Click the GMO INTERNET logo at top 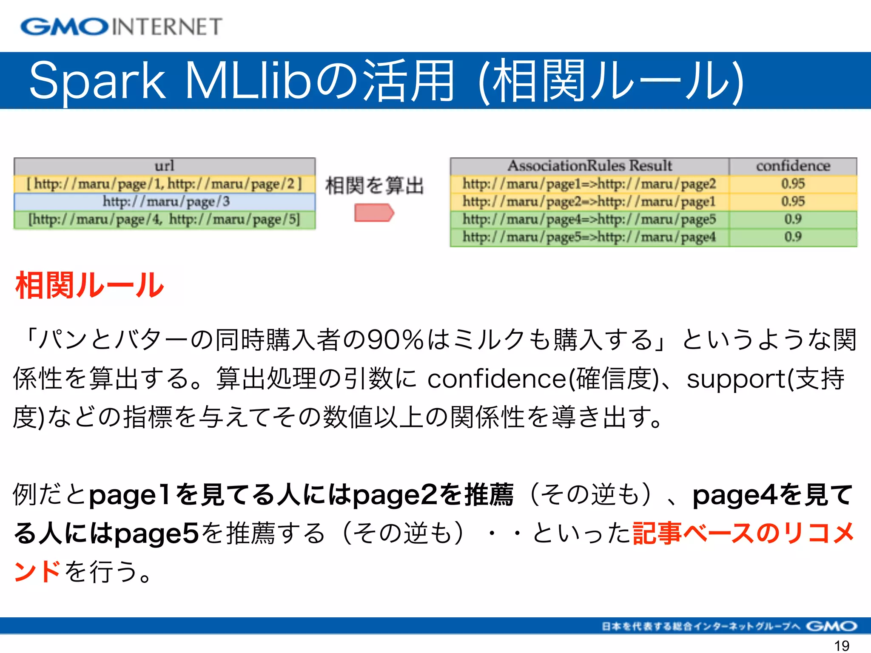click(121, 26)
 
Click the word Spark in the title click(97, 81)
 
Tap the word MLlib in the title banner click(249, 81)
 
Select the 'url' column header click(164, 166)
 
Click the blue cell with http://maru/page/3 click(165, 202)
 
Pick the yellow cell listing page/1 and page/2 click(164, 184)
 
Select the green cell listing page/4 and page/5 click(164, 219)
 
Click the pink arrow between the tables click(374, 213)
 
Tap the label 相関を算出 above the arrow click(374, 186)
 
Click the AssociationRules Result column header click(589, 166)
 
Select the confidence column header click(793, 166)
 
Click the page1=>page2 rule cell click(589, 184)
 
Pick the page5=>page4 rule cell click(589, 237)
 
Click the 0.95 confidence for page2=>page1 click(793, 202)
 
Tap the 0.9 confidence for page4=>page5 click(793, 219)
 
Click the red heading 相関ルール click(89, 286)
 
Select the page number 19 click(842, 645)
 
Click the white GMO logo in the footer click(831, 626)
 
